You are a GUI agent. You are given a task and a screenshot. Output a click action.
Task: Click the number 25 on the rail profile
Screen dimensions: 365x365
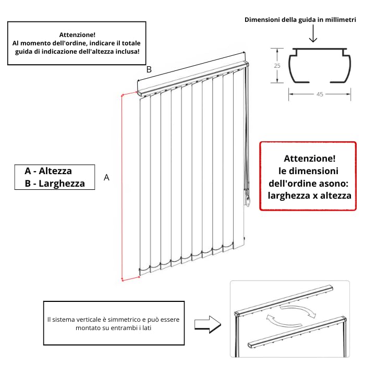tap(277, 66)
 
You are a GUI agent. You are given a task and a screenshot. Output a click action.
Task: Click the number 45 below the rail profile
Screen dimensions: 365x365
tap(320, 94)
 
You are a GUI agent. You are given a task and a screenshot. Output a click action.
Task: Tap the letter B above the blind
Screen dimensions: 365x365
tap(149, 69)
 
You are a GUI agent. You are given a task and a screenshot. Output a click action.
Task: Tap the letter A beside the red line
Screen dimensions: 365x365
tap(106, 178)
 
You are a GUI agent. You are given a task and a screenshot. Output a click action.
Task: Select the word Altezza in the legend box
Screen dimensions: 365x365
tap(55, 171)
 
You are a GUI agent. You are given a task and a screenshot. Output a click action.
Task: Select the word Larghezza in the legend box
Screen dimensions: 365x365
tap(62, 184)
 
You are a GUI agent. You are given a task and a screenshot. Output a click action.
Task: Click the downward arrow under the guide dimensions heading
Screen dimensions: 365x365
tap(313, 33)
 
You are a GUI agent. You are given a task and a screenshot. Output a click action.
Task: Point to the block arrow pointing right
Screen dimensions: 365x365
tap(208, 324)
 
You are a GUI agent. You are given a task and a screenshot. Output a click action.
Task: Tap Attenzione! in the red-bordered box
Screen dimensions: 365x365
tap(310, 159)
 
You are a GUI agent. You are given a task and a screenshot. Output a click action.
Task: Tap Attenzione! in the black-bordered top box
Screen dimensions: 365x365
tap(77, 35)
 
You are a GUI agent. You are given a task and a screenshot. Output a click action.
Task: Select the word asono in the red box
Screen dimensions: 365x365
tap(334, 184)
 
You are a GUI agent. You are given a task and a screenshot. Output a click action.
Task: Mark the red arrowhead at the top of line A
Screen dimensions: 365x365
tap(123, 95)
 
